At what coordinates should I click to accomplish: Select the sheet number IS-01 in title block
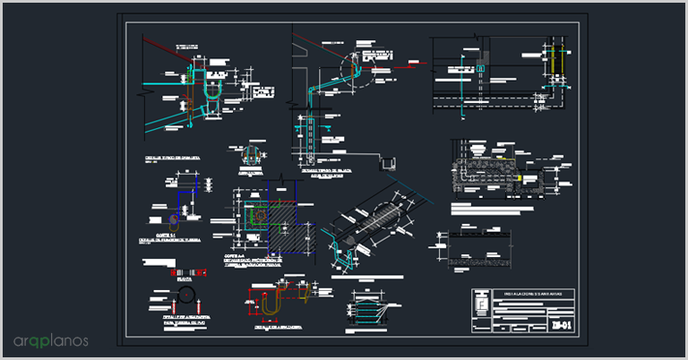562,323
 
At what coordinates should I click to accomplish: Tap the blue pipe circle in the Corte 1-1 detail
173,218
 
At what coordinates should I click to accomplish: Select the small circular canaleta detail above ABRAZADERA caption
254,155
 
